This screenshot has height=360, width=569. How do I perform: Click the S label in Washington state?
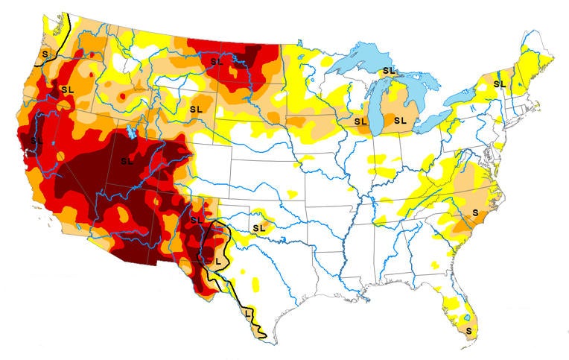(x=45, y=54)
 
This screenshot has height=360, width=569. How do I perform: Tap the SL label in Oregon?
(x=68, y=89)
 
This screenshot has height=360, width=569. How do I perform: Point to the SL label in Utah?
(x=126, y=160)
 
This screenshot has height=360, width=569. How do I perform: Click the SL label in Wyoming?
(x=196, y=109)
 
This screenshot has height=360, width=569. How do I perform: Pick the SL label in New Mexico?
(x=196, y=220)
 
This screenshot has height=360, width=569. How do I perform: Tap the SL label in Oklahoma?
(x=259, y=227)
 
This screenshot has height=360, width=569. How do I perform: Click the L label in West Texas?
(x=217, y=261)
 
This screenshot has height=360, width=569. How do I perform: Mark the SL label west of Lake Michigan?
(x=361, y=121)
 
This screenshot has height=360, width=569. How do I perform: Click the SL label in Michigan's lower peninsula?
(x=400, y=120)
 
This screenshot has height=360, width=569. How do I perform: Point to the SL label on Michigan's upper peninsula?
(x=388, y=71)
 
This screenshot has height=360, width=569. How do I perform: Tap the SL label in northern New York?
(x=500, y=84)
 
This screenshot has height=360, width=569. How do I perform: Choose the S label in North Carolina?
(x=475, y=213)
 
